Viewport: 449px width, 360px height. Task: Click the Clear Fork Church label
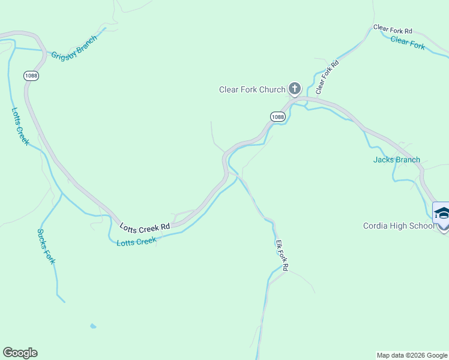coord(252,90)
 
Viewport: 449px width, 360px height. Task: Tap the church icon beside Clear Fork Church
coord(294,89)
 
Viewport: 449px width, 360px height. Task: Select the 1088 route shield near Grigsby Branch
coord(31,76)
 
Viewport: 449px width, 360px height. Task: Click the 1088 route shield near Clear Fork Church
coord(277,116)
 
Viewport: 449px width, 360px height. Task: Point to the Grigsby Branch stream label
coord(74,47)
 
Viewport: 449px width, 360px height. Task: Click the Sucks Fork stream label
coord(46,247)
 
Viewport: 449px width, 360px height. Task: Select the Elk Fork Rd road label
coord(282,256)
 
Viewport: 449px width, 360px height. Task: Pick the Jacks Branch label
coord(396,160)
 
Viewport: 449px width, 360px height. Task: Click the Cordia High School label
coord(398,226)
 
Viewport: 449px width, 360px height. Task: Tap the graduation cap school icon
coord(442,214)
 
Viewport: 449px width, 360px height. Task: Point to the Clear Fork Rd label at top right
coord(393,29)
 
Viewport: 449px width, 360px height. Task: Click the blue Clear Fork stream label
coord(408,42)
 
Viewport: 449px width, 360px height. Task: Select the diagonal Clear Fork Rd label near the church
coord(327,77)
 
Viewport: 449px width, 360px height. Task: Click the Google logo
coord(20,353)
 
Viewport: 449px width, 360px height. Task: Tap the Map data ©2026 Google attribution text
coord(412,355)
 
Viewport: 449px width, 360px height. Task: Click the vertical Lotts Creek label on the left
coord(20,127)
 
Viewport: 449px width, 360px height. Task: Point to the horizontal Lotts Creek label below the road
coord(136,241)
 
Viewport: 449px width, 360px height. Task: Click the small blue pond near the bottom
coord(92,326)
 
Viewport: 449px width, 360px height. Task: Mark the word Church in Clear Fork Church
coord(271,90)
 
